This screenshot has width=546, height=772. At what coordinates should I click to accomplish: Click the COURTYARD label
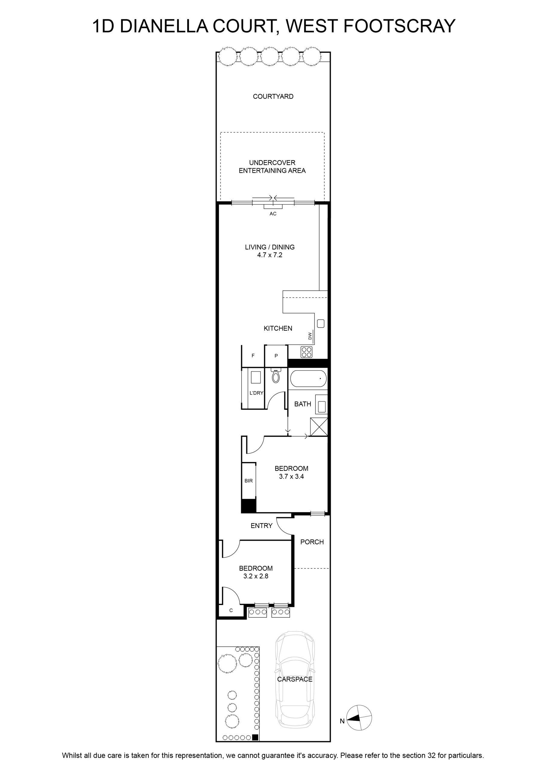273,96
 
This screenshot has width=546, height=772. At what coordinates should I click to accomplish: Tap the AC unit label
273,214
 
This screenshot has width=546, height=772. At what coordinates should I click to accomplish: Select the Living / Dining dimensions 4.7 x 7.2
270,255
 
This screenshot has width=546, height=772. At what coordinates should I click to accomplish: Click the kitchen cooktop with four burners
306,352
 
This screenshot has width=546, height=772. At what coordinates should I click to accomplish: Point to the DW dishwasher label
310,336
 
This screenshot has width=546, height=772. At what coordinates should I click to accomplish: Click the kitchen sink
320,324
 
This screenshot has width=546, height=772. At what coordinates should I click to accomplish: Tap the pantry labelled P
276,356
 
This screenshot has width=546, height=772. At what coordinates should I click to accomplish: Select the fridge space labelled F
253,356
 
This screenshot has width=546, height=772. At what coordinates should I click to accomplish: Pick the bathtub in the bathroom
308,378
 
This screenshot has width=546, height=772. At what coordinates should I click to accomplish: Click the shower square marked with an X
319,427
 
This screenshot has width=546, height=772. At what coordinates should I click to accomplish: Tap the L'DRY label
256,393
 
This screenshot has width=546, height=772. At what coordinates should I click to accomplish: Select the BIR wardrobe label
248,481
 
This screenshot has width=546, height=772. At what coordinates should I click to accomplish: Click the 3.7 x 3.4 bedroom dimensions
291,476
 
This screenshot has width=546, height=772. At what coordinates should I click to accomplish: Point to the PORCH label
312,542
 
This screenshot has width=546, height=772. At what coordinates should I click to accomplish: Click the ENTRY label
262,526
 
